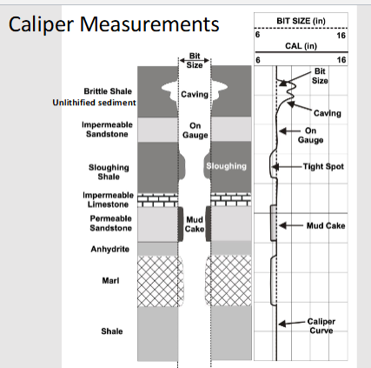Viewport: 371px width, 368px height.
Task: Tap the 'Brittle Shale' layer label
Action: [109, 90]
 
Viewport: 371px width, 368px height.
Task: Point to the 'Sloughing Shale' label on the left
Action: [109, 171]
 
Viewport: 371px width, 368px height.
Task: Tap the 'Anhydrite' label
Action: [111, 248]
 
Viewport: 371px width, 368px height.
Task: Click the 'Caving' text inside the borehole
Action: [194, 92]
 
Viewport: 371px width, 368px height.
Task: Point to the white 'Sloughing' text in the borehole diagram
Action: [227, 165]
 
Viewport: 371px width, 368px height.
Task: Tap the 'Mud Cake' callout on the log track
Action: [327, 224]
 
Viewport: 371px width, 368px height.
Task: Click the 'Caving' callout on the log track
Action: [328, 112]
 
